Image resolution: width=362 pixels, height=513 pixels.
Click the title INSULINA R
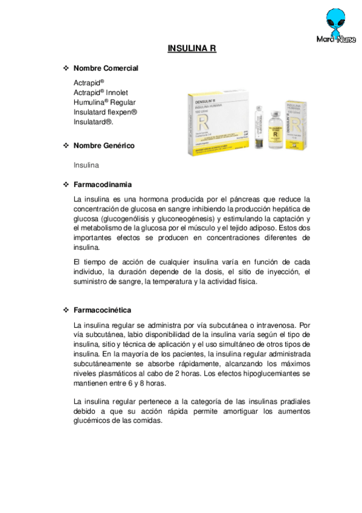tap(192, 49)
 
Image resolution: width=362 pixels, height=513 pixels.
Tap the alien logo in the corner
tap(336, 23)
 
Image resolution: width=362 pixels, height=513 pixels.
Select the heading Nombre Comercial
tap(106, 68)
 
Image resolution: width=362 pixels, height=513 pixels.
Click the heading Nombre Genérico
tap(104, 146)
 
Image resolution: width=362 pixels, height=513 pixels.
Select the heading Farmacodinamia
tap(103, 184)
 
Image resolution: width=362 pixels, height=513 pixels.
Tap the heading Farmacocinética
tap(102, 310)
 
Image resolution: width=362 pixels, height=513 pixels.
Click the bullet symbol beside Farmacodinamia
tap(66, 184)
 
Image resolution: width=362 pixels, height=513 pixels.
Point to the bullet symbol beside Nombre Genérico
tap(66, 146)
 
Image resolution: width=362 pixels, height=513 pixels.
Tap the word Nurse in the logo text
tap(346, 41)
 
